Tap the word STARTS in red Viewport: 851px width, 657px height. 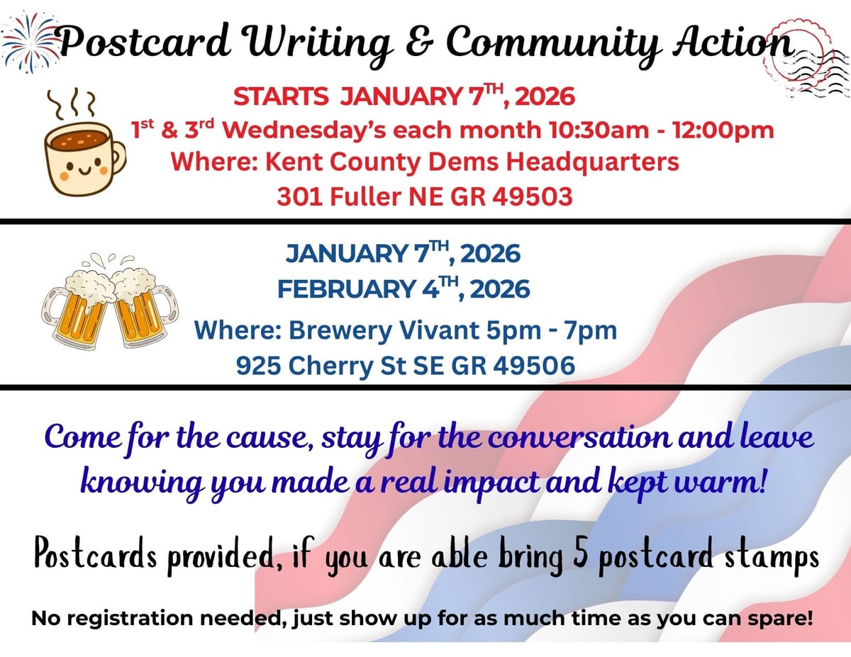click(281, 96)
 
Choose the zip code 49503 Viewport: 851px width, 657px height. click(532, 196)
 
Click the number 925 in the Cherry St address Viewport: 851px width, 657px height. click(257, 366)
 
